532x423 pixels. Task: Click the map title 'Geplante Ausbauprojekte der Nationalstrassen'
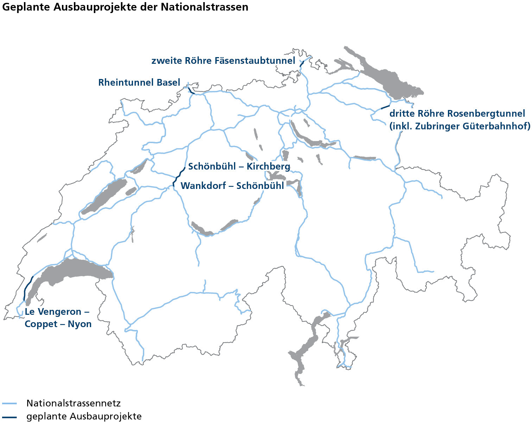125,7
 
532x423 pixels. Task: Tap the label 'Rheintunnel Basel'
139,82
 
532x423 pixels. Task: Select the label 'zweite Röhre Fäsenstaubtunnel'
223,61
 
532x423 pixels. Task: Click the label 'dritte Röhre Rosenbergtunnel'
457,114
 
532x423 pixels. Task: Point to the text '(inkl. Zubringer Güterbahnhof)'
460,126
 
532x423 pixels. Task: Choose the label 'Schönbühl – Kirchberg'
239,166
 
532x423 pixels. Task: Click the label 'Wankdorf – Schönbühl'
232,186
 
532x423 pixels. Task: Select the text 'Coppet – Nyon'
58,324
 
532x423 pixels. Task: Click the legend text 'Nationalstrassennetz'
74,403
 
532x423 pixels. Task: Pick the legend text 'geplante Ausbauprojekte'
84,417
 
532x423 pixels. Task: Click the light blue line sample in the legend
9,403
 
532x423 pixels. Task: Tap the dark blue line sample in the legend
9,417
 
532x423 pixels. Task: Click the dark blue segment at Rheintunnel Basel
190,90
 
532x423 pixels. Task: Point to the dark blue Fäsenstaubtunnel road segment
302,64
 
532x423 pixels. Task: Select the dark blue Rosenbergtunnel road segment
386,106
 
